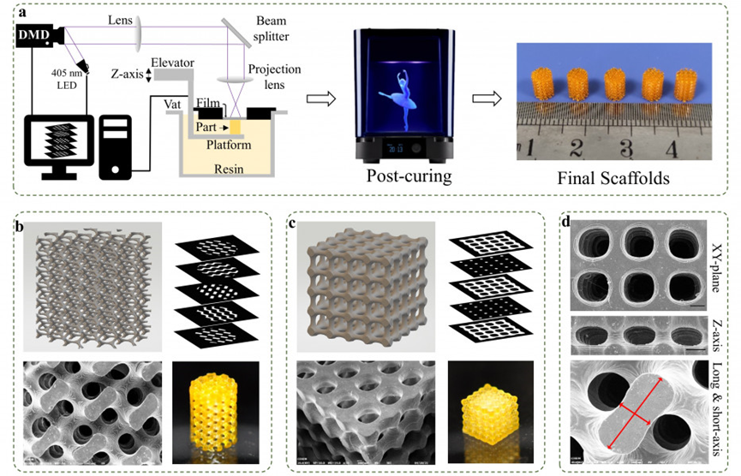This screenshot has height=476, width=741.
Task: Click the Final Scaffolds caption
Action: click(613, 179)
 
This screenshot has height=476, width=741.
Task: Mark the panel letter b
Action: click(18, 228)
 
